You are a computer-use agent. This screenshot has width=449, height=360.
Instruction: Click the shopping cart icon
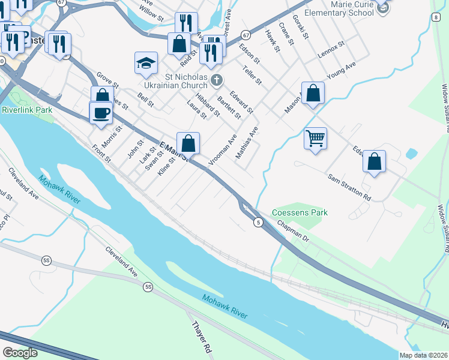coord(315,139)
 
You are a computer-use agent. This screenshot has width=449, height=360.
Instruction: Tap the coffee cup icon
coord(101,112)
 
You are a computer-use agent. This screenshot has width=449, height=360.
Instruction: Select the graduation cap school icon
coord(146,63)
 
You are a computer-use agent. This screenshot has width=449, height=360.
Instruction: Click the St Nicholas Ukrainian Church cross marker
coord(217,80)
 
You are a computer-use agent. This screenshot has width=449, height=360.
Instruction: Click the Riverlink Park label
coord(27,110)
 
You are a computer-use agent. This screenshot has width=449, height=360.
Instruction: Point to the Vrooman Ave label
coord(223,150)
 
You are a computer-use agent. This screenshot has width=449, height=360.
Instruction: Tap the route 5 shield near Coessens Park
coord(257,222)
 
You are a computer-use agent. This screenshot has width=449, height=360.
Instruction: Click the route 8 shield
coord(435,17)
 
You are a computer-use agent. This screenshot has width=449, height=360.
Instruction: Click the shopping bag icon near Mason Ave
coord(313,93)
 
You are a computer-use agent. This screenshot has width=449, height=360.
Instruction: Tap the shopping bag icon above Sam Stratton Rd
coord(374,161)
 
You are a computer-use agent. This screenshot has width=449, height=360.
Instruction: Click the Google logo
coord(20,353)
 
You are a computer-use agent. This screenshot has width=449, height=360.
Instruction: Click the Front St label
coord(101,154)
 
